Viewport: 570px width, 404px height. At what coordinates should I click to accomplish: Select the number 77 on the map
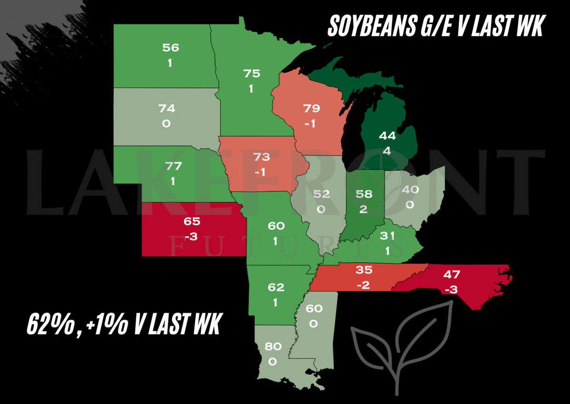coord(169,166)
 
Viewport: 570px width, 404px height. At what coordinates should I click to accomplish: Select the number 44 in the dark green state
coord(388,136)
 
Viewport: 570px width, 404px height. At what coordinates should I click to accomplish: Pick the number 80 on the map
coord(272,347)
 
